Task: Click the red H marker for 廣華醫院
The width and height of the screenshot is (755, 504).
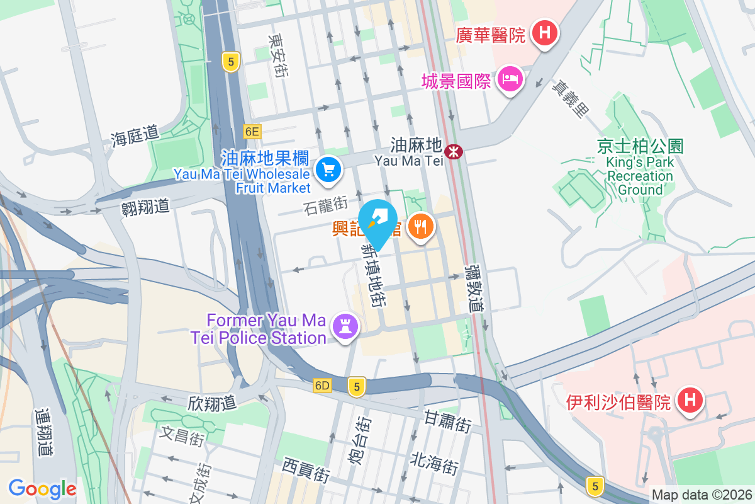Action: pos(544,33)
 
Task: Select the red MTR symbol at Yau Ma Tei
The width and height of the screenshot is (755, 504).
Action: pos(453,151)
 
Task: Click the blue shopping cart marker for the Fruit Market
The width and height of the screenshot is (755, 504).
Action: pos(328,169)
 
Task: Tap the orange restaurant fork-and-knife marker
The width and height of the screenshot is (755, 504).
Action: pos(420,226)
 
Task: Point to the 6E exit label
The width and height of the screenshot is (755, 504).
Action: pos(252,131)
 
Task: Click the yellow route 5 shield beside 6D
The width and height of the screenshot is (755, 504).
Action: pos(357,387)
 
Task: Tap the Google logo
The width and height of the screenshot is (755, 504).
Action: pos(42,488)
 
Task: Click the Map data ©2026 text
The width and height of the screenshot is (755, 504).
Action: pos(701,495)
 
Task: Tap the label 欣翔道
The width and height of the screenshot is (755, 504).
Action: pos(212,403)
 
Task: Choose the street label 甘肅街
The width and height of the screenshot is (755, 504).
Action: pos(447,420)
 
